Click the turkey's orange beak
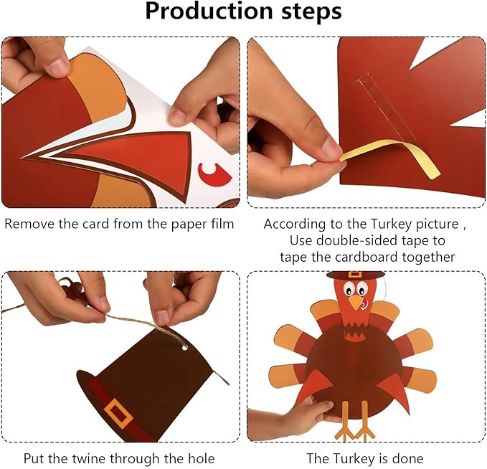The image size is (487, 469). coord(356,303)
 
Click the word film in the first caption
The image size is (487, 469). coord(220,224)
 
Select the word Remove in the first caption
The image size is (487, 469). coord(28,224)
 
